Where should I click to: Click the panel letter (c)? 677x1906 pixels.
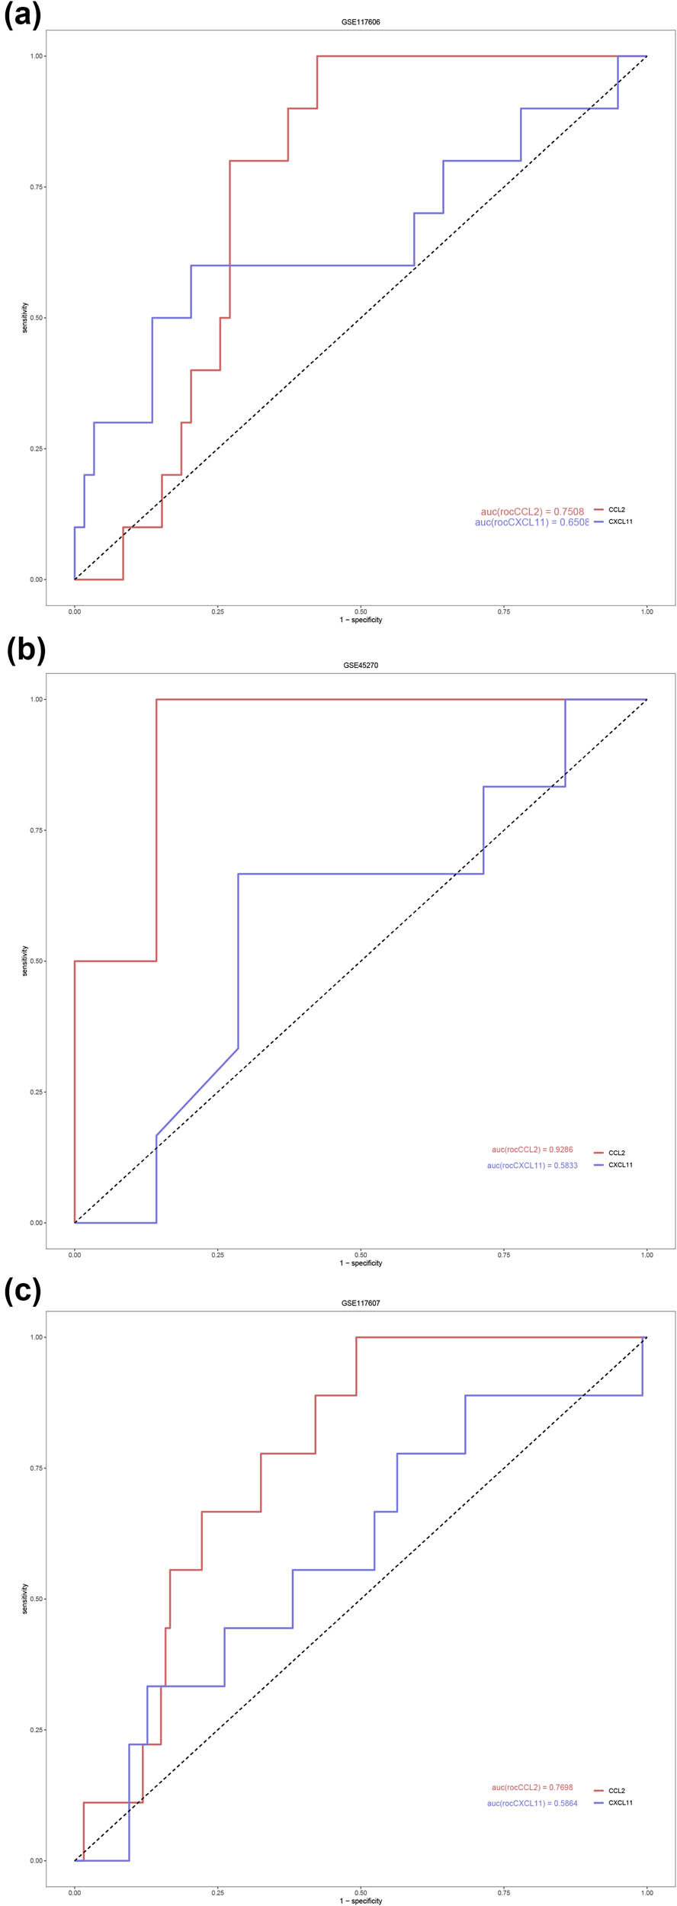(23, 1291)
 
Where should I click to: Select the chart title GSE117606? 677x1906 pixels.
(361, 22)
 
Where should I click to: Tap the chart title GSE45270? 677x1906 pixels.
(361, 665)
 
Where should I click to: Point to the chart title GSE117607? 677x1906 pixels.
(361, 1303)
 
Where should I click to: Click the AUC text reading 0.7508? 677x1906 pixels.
(532, 512)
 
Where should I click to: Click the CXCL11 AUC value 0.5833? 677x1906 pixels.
(532, 1165)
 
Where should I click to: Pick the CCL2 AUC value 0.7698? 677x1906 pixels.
(532, 1787)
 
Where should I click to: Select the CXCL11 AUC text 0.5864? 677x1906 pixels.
(532, 1803)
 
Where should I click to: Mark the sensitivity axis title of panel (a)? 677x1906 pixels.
(24, 317)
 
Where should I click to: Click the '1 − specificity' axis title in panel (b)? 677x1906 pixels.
(361, 1263)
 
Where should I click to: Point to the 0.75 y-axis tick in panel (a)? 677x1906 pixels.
(37, 187)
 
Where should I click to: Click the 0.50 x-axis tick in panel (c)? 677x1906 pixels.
(361, 1892)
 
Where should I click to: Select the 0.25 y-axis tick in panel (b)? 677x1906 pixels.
(37, 1092)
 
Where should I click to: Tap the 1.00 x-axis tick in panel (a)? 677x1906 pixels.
(647, 611)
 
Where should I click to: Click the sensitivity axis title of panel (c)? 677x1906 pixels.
(24, 1598)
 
